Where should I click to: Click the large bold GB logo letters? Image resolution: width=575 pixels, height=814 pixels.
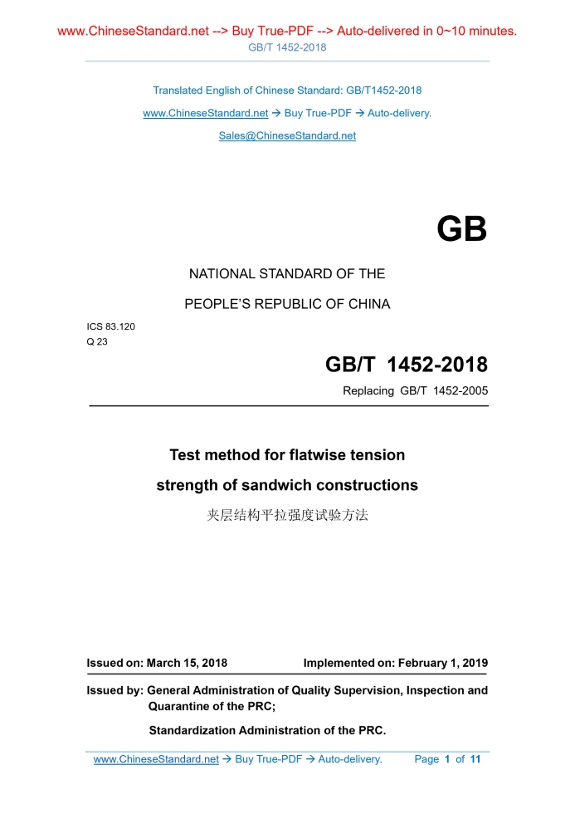(461, 230)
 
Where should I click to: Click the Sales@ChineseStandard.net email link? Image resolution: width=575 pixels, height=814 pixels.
(287, 135)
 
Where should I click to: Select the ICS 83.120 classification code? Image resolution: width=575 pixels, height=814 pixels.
(111, 326)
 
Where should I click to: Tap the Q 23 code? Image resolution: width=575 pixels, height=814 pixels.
(97, 341)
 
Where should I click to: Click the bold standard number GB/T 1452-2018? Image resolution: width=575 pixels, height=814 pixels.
(406, 365)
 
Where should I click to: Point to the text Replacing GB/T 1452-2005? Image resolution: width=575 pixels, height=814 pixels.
(415, 390)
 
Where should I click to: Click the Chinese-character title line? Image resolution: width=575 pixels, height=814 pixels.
(287, 515)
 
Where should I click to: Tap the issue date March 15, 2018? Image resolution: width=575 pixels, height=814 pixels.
(187, 664)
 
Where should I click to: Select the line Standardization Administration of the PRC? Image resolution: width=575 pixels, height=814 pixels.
(267, 731)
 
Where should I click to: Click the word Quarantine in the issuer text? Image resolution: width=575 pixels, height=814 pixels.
(178, 707)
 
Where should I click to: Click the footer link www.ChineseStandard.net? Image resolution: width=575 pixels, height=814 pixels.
(156, 759)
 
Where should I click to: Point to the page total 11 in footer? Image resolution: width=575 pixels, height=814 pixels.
(475, 759)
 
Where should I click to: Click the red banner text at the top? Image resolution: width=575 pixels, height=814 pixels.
(287, 32)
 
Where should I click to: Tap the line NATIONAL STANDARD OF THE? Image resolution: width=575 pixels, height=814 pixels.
(287, 273)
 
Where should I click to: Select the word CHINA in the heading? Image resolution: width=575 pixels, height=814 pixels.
(368, 304)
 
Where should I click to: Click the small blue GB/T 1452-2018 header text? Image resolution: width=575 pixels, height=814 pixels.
(287, 47)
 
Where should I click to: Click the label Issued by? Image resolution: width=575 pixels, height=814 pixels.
(115, 690)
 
